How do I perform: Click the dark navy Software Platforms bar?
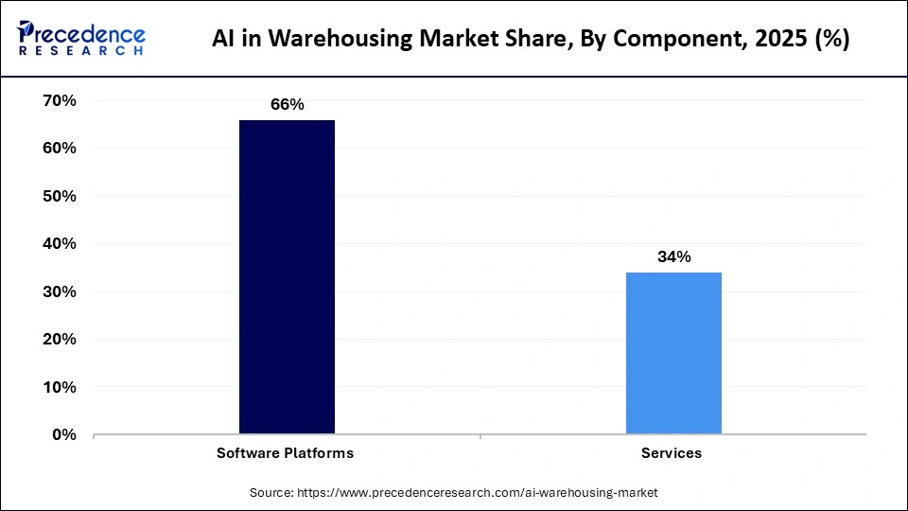[x=287, y=276]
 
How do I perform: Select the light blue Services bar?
[x=673, y=353]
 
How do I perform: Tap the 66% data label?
[x=287, y=105]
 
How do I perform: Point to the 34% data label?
[x=674, y=256]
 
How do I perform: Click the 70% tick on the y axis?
[x=59, y=100]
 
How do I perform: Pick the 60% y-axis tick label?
[x=59, y=149]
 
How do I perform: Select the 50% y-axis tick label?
[x=59, y=196]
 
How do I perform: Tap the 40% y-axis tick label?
[x=59, y=243]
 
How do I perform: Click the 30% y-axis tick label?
[x=59, y=291]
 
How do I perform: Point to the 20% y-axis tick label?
[x=59, y=339]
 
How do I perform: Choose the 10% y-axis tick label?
[x=59, y=387]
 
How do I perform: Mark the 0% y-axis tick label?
[x=63, y=434]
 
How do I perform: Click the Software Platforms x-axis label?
[x=287, y=453]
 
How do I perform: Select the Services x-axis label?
[x=672, y=453]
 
